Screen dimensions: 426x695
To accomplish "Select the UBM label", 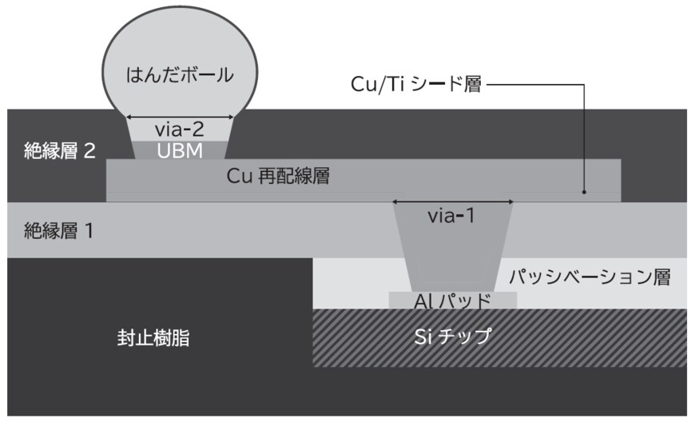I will [x=180, y=149].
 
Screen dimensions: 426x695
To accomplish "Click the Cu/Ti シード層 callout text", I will [x=416, y=84].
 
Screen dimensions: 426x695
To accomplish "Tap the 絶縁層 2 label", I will [x=61, y=150].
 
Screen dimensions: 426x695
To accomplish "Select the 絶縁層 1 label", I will [x=61, y=232].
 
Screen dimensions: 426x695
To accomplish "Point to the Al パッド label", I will [x=452, y=301].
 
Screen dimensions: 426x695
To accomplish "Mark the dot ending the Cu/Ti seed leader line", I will [x=585, y=192].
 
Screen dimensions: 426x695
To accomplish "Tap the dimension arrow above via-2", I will [x=181, y=116].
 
